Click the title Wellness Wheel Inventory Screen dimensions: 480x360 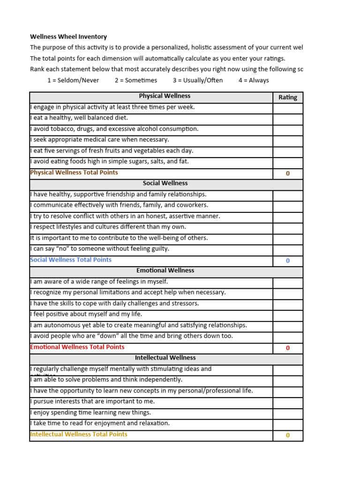click(68, 37)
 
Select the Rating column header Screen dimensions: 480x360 click(288, 97)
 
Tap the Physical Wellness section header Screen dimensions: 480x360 click(165, 96)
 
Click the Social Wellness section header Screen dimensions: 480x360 click(165, 183)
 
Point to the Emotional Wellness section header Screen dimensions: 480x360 click(165, 270)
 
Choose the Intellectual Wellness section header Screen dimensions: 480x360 click(165, 358)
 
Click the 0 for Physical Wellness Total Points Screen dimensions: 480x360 click(288, 173)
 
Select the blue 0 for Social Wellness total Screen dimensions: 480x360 click(288, 261)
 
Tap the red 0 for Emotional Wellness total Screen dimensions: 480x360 click(288, 348)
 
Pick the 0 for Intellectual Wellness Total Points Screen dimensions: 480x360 click(288, 435)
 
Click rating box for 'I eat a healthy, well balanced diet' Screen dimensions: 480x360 click(288, 119)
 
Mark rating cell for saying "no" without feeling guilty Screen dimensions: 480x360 click(288, 250)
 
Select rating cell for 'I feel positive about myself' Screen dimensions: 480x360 click(288, 315)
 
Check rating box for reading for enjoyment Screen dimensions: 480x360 click(288, 424)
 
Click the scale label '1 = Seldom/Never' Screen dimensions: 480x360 click(73, 80)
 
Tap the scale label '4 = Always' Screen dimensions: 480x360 click(254, 80)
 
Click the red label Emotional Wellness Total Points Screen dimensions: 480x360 click(77, 347)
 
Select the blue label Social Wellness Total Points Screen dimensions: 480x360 click(71, 260)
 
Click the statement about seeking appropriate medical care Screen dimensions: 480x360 click(100, 140)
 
